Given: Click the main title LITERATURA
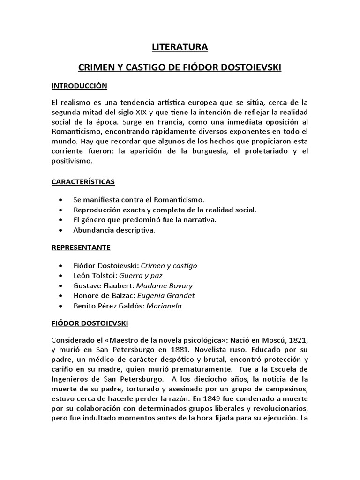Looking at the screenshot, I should tap(180, 47).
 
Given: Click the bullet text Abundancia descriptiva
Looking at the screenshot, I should tap(114, 230).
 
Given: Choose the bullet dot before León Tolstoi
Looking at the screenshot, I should tap(62, 276).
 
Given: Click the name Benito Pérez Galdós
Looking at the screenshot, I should tap(109, 306).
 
